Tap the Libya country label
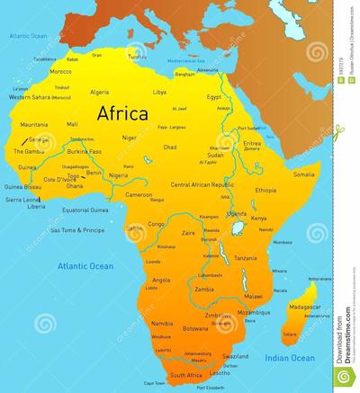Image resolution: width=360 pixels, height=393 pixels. pos(159,92)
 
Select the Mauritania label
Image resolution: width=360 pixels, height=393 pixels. pos(33,124)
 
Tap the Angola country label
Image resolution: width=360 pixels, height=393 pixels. pos(162,280)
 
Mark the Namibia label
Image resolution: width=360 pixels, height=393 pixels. pos(163,322)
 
